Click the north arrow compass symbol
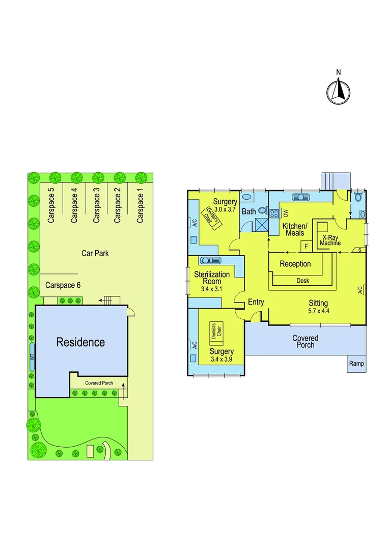pyautogui.click(x=339, y=92)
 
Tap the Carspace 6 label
pyautogui.click(x=63, y=285)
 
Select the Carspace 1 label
pyautogui.click(x=141, y=205)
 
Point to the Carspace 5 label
pyautogui.click(x=51, y=205)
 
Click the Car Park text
pyautogui.click(x=95, y=253)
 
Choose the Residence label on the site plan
pyautogui.click(x=80, y=342)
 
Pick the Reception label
pyautogui.click(x=295, y=264)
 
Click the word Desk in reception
pyautogui.click(x=302, y=281)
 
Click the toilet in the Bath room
pyautogui.click(x=263, y=210)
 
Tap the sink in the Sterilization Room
pyautogui.click(x=206, y=260)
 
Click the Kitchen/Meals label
pyautogui.click(x=295, y=229)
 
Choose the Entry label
pyautogui.click(x=256, y=302)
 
